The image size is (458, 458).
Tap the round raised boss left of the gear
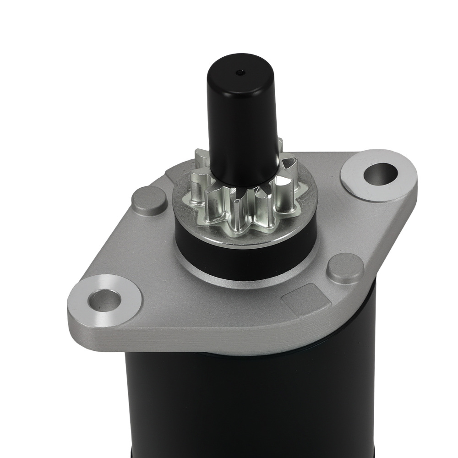(149, 201)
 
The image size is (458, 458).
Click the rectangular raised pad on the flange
(306, 298)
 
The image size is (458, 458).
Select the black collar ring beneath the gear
(243, 250)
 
